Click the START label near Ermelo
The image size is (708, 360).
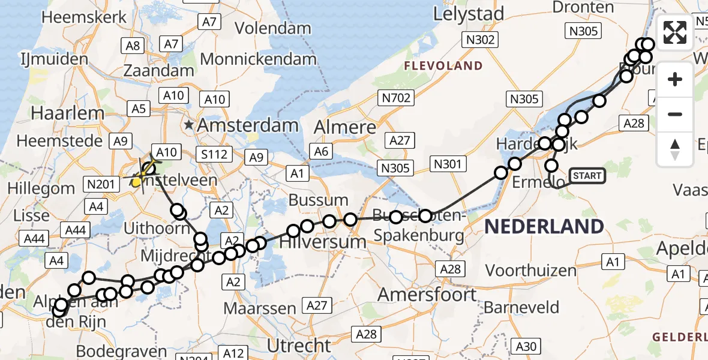tap(587, 176)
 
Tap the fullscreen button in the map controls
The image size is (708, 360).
tap(675, 32)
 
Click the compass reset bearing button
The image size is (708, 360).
tap(675, 149)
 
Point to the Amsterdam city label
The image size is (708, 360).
tap(247, 125)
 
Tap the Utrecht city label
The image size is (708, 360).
tap(299, 346)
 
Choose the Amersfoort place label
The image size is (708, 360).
tap(427, 295)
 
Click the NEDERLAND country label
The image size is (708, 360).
tap(544, 227)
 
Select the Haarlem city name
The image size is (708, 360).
tap(60, 113)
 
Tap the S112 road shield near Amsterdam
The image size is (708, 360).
tap(214, 155)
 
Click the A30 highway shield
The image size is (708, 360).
tap(527, 346)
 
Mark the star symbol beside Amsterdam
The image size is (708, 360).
tap(190, 125)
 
